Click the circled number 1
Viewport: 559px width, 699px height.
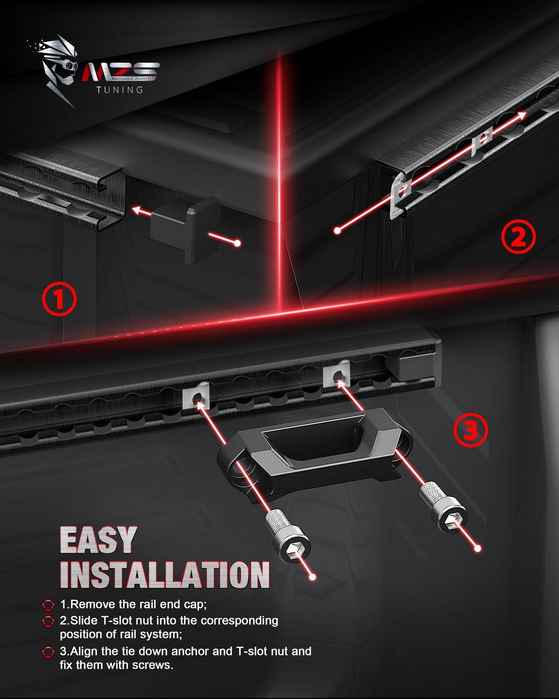[59, 299]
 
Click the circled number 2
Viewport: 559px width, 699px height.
[518, 236]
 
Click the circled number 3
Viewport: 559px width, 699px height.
[470, 430]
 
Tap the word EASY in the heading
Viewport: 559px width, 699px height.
[98, 540]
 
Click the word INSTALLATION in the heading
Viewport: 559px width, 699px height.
[165, 575]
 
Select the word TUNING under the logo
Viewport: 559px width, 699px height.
[120, 90]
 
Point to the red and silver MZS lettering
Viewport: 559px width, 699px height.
[121, 72]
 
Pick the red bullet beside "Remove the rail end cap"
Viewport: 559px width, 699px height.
[48, 605]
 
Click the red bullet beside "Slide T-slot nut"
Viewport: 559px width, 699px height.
[48, 621]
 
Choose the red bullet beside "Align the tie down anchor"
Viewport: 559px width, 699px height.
[48, 652]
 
